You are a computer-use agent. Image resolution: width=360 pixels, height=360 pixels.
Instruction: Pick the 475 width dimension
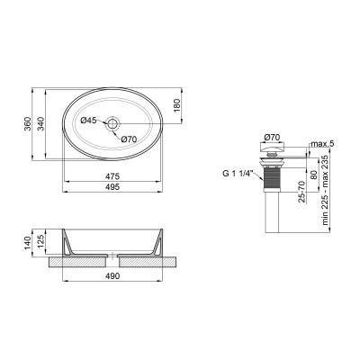[112, 176]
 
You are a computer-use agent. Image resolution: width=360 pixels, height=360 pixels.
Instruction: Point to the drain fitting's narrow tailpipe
[274, 216]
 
